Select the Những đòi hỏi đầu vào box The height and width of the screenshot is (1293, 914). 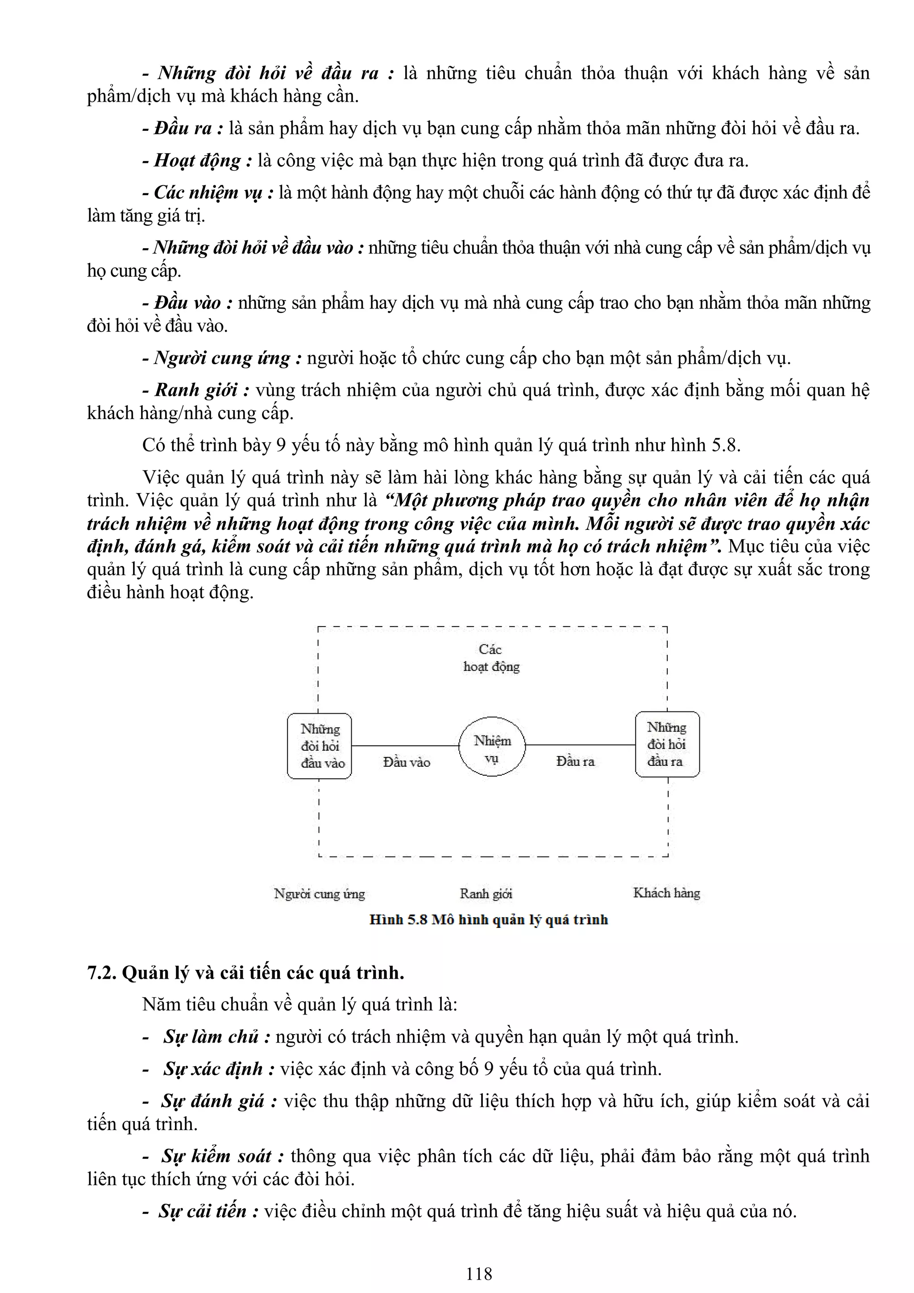coord(319,746)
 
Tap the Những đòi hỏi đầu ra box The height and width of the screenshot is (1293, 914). coord(667,744)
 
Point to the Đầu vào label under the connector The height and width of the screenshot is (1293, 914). coord(406,762)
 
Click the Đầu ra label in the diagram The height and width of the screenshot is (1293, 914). coord(575,761)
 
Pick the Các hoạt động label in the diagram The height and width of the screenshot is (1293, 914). coord(491,658)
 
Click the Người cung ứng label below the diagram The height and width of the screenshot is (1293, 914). coord(319,894)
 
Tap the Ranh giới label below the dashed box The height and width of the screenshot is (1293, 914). coord(486,894)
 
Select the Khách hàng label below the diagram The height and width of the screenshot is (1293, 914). coord(666,893)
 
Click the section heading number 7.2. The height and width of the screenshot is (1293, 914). coord(102,973)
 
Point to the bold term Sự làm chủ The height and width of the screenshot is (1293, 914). coord(211,1037)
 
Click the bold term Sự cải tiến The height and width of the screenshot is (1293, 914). coord(203,1211)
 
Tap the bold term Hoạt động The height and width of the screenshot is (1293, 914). coord(198,161)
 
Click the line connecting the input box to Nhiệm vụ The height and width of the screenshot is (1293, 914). coord(406,746)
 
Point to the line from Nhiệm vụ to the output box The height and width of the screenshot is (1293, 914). coord(580,745)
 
